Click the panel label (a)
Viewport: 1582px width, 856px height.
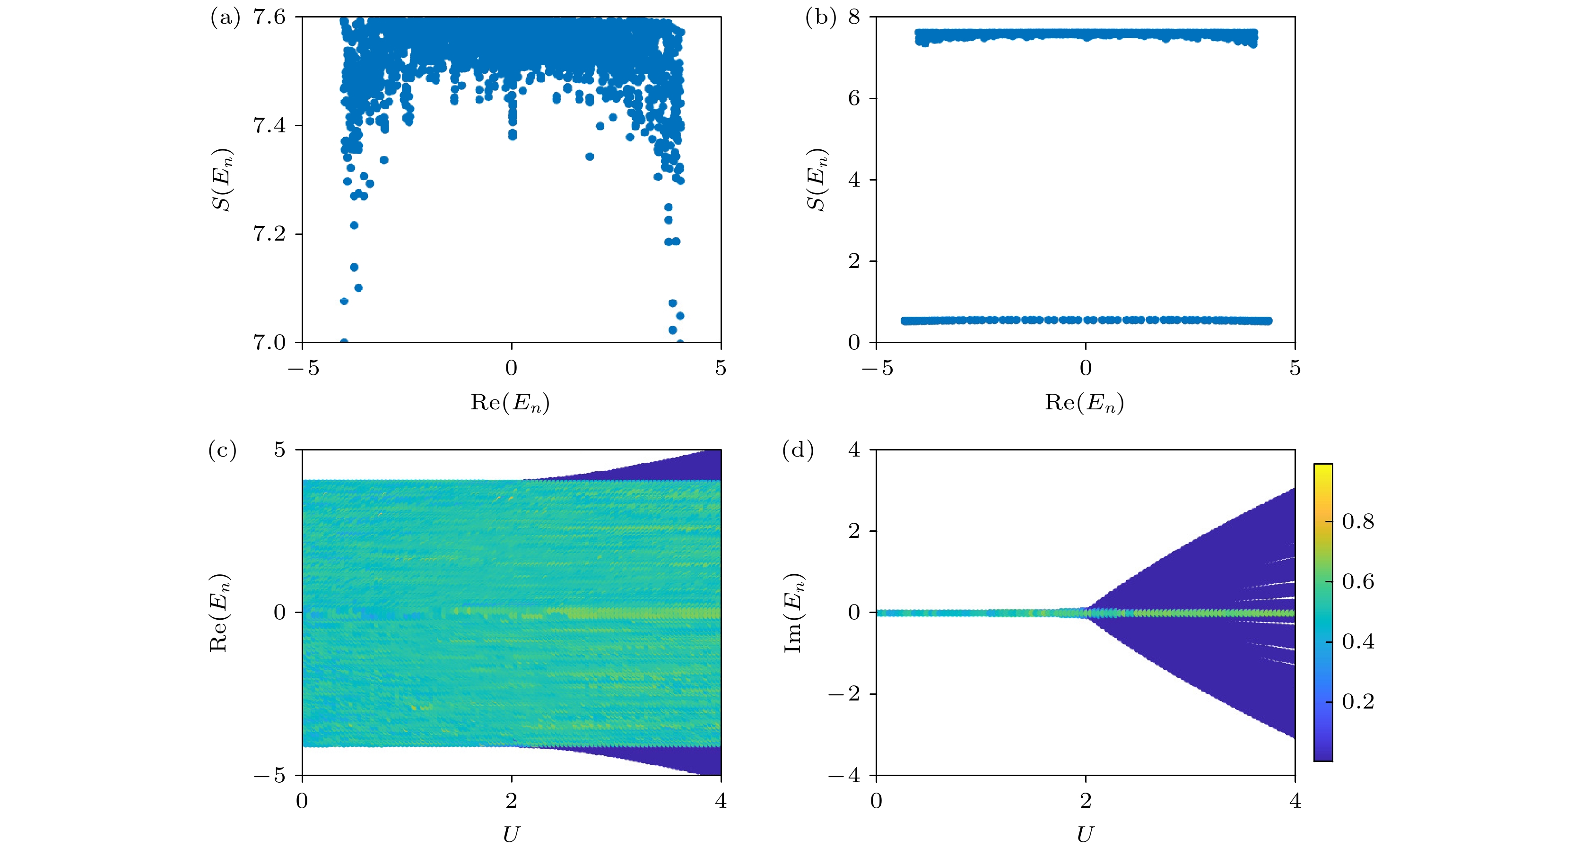tap(225, 18)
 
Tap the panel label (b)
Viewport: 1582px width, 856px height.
tap(820, 18)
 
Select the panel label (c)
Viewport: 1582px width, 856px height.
tap(222, 451)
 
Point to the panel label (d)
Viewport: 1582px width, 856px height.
tap(798, 451)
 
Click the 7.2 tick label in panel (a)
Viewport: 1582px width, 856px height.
tap(270, 234)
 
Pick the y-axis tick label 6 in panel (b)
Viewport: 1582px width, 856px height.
tap(854, 98)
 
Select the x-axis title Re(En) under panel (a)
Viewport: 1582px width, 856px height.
tap(510, 403)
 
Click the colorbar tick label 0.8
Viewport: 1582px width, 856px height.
tap(1358, 522)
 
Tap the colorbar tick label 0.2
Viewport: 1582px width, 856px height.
tap(1358, 701)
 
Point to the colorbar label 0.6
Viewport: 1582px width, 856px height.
tap(1358, 581)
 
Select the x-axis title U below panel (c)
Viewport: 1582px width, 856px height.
tap(511, 835)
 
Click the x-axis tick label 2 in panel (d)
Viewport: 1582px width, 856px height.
tap(1086, 801)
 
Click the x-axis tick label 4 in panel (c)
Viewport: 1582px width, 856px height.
tap(721, 801)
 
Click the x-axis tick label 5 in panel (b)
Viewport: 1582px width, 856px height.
tap(1295, 368)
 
